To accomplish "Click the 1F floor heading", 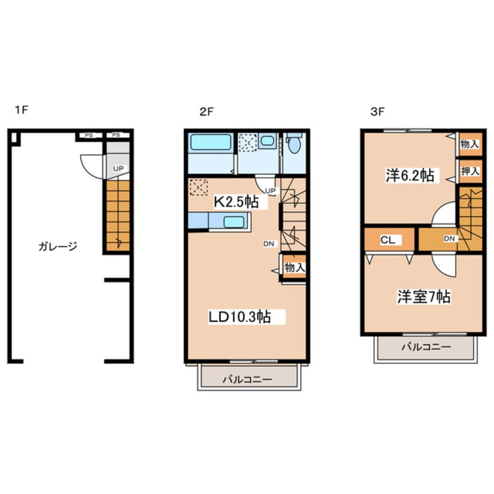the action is [x=22, y=110].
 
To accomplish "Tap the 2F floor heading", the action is [x=207, y=112].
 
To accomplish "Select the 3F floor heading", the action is [x=377, y=112].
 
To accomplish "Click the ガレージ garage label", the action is [x=58, y=246].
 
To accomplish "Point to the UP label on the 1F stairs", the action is [x=119, y=169].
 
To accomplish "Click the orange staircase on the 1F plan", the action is [x=118, y=216].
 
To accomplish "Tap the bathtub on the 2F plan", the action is [x=211, y=142].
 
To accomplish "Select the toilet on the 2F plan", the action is [x=294, y=142].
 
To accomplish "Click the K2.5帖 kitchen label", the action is [x=236, y=202].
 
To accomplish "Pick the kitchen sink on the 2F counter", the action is [x=234, y=222].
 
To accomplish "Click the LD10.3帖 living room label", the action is [x=240, y=317].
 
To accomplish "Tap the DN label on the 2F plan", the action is [x=269, y=243].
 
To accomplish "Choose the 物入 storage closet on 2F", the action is [x=294, y=267].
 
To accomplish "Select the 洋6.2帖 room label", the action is [x=410, y=175].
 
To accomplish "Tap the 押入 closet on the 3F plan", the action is [x=471, y=172].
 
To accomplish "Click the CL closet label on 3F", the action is [x=388, y=240].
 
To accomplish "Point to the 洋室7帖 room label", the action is [x=424, y=297].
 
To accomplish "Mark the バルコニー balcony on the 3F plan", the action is [x=426, y=347].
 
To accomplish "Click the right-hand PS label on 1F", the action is [x=116, y=135].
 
